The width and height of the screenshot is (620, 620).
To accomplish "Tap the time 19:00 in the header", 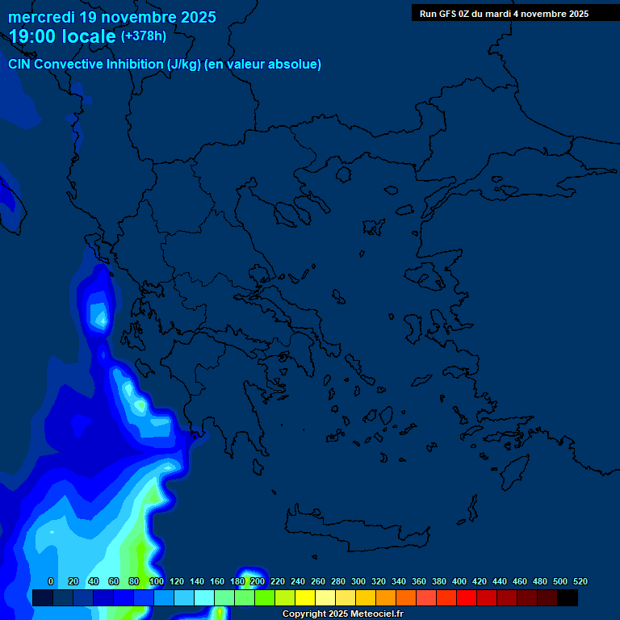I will pos(33,36).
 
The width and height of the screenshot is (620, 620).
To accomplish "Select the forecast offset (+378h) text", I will pos(144,36).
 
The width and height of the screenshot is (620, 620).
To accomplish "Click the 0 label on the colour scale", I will pos(51,581).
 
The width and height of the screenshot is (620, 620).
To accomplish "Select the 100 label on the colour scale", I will pos(157,581).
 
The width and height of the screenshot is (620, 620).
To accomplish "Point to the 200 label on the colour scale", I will pos(258,581).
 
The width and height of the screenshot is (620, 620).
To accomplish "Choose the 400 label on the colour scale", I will pos(459,581).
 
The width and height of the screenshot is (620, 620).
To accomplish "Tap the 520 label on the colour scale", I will pos(580,581).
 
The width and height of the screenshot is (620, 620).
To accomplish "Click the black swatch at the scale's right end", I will pos(568,598).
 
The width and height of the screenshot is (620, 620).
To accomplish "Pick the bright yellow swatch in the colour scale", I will pos(304,598).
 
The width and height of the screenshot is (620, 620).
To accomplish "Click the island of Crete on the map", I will pos(355,525).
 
